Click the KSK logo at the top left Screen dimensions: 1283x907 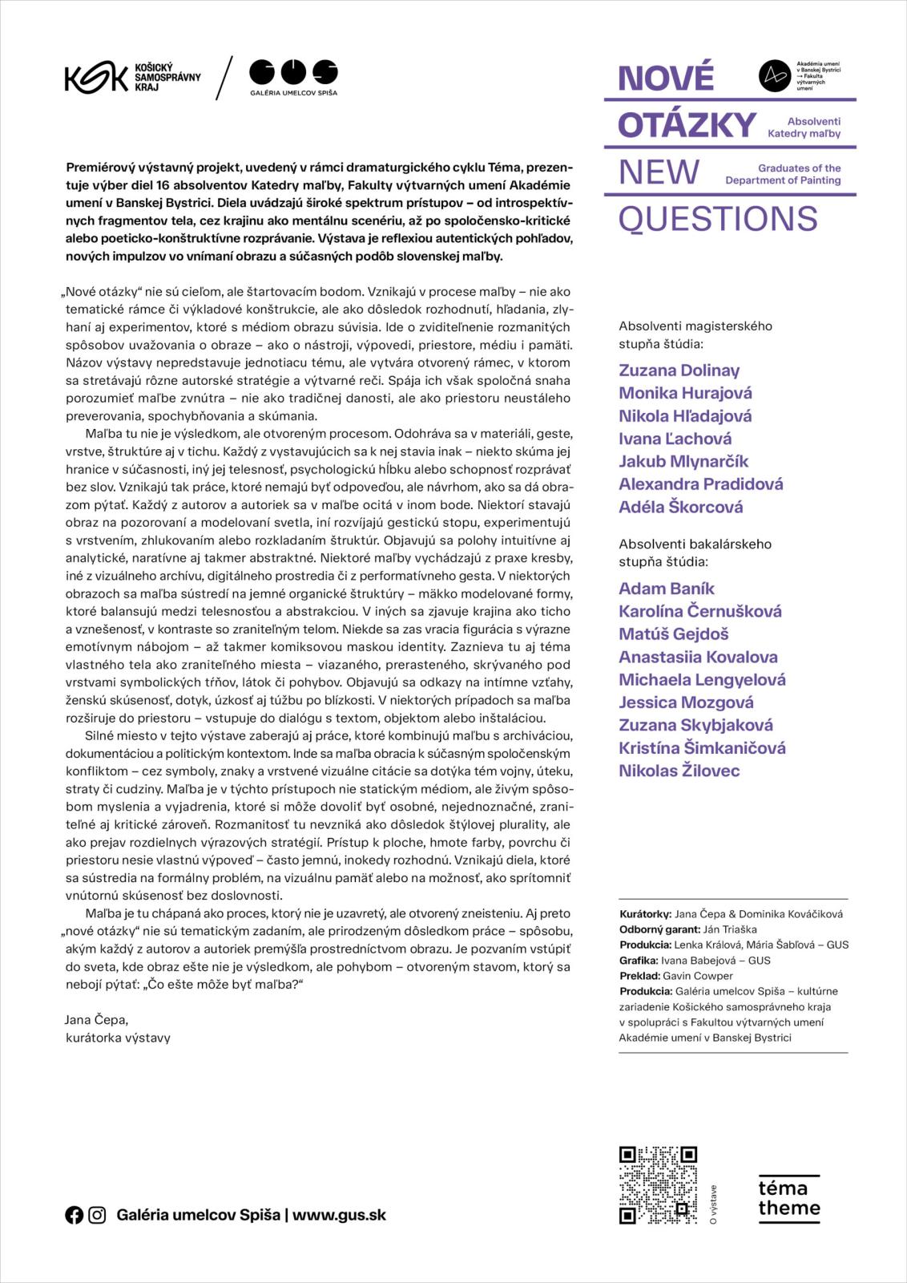(x=96, y=77)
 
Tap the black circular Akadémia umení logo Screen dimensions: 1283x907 (x=774, y=75)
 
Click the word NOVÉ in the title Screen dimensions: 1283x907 (x=665, y=79)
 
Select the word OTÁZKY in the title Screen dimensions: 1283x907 (x=687, y=125)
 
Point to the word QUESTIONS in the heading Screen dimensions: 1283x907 (x=717, y=219)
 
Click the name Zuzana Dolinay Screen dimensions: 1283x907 (x=679, y=370)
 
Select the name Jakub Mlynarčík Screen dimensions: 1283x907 (x=683, y=461)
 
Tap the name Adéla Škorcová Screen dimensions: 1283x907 (x=680, y=507)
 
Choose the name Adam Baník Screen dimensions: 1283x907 (x=666, y=589)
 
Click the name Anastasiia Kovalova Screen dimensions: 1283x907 (x=697, y=657)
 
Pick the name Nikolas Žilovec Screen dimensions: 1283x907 (x=679, y=771)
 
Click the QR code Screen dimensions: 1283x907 (x=658, y=1185)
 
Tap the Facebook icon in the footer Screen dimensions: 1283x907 (x=74, y=1215)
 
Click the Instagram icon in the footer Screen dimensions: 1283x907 (x=97, y=1215)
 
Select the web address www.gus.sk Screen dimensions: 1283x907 (x=339, y=1215)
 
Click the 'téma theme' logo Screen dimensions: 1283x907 (x=788, y=1199)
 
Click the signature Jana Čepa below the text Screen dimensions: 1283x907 (x=96, y=1019)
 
